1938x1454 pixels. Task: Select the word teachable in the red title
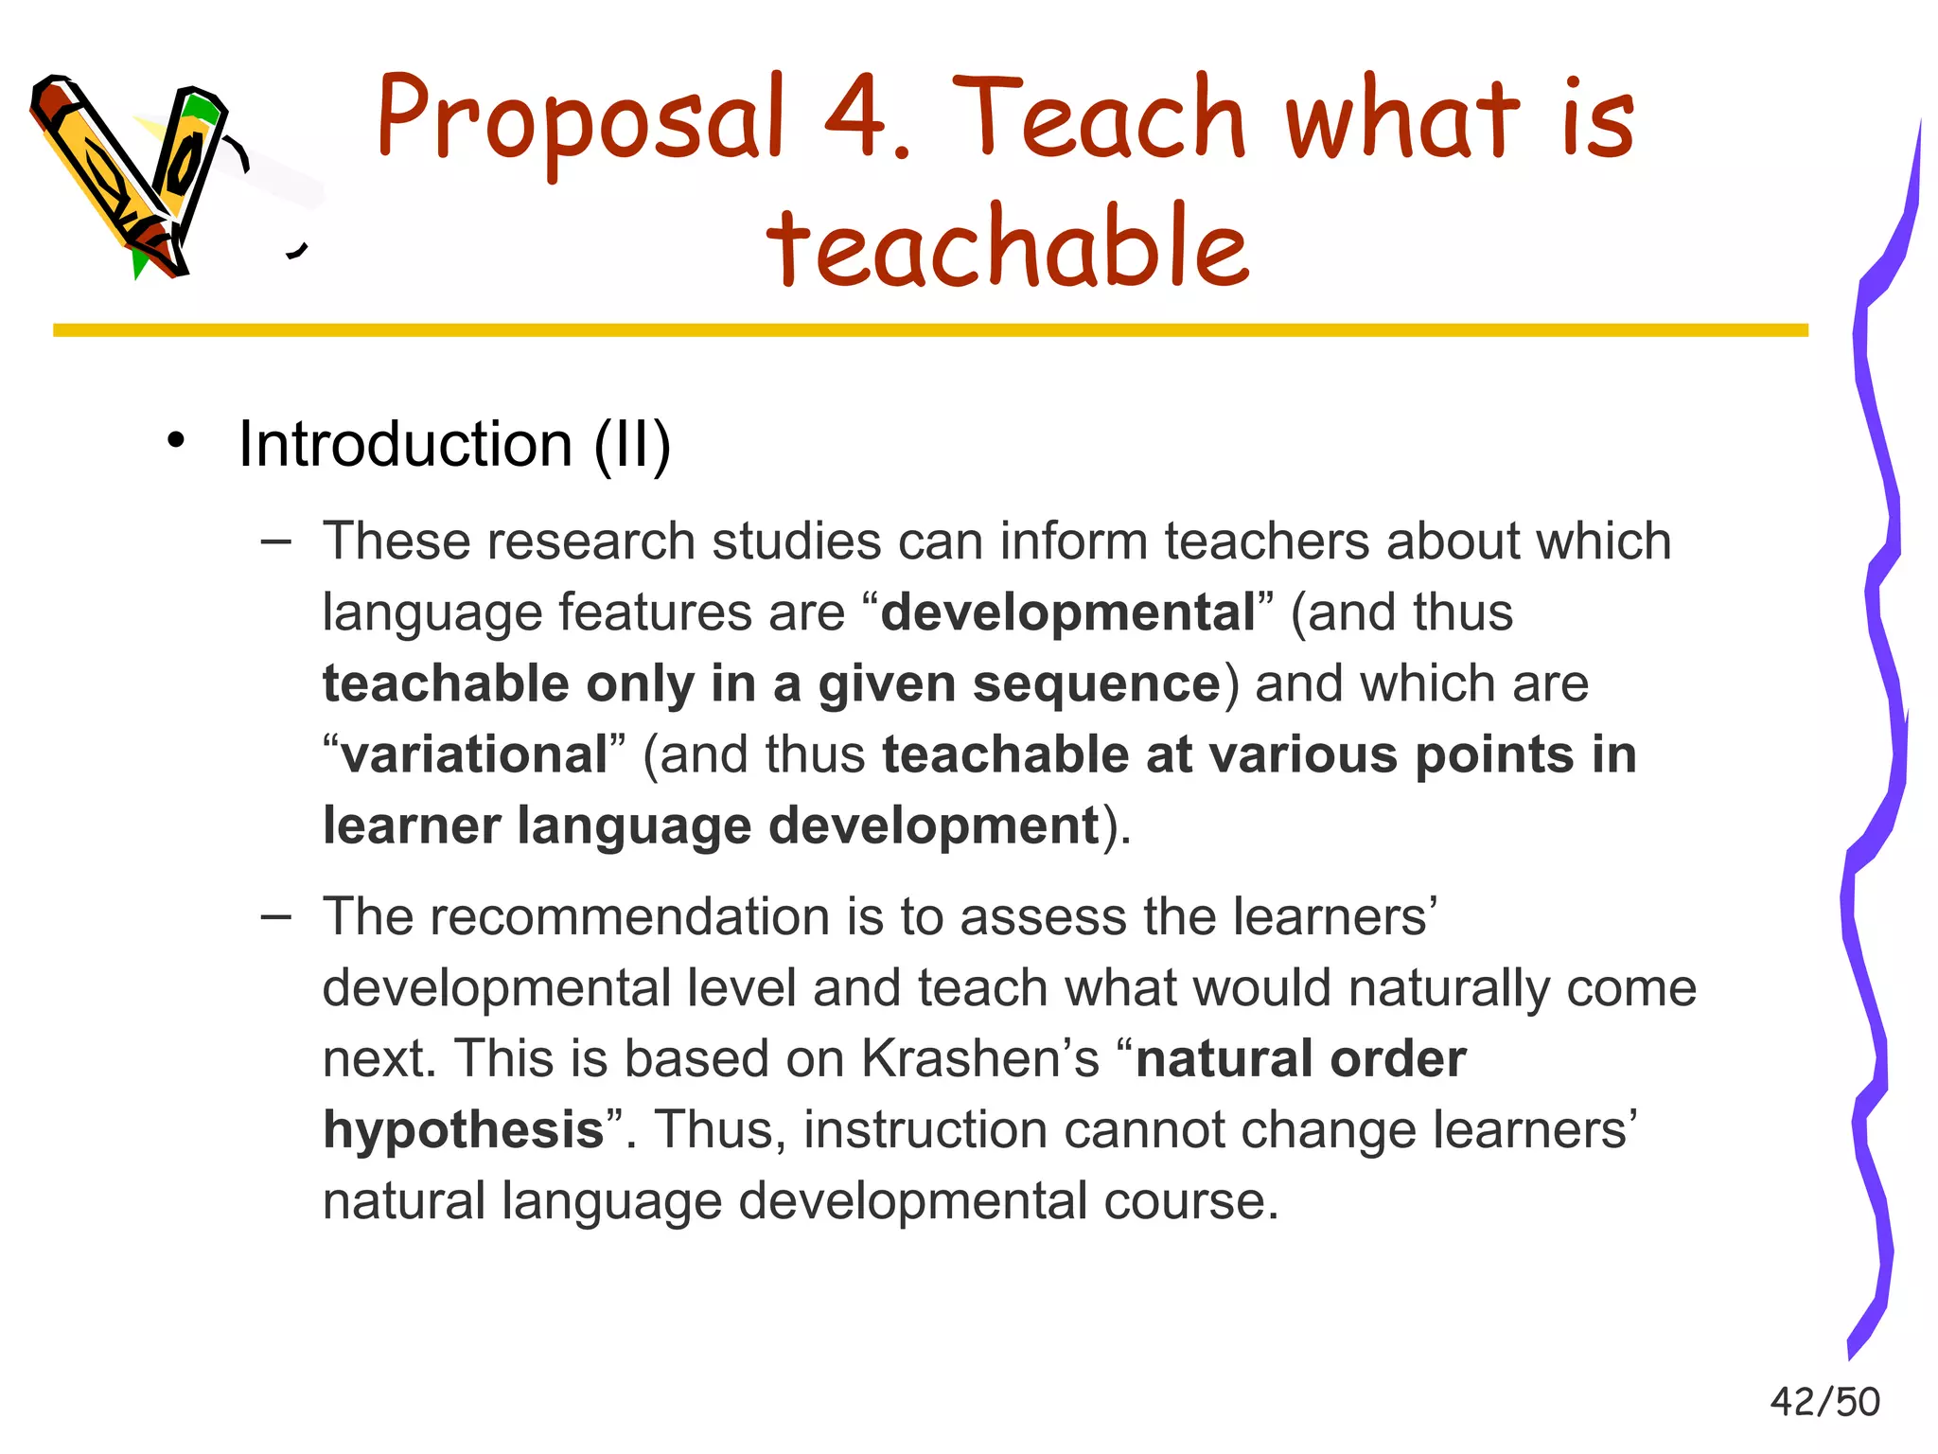pos(1008,246)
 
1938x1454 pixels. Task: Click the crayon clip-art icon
pos(132,175)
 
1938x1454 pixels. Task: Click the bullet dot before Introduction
pos(175,441)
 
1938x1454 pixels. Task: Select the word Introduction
pos(405,444)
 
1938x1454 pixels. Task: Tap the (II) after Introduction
pos(632,444)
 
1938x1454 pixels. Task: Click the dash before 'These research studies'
pos(275,541)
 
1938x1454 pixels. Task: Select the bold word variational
pos(474,755)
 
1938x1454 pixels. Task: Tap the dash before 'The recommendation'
pos(275,916)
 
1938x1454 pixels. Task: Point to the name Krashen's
pos(980,1058)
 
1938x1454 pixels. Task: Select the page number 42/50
pos(1824,1402)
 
